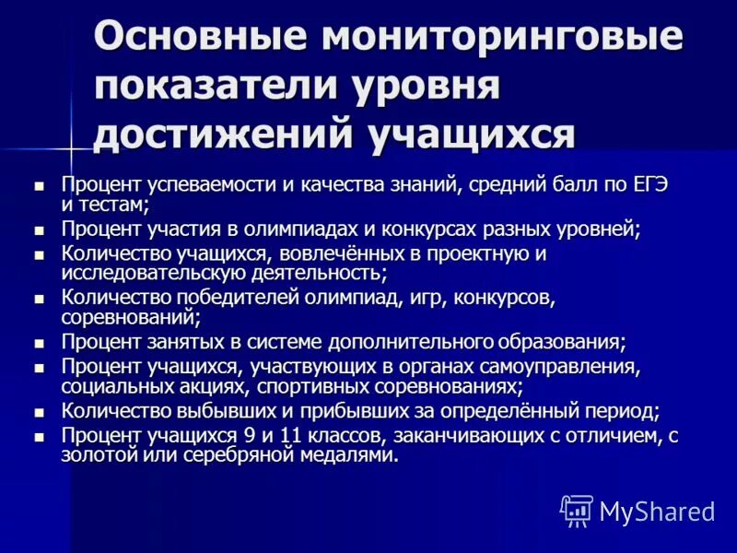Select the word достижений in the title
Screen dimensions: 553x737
(221, 133)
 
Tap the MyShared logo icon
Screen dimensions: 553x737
(577, 510)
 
